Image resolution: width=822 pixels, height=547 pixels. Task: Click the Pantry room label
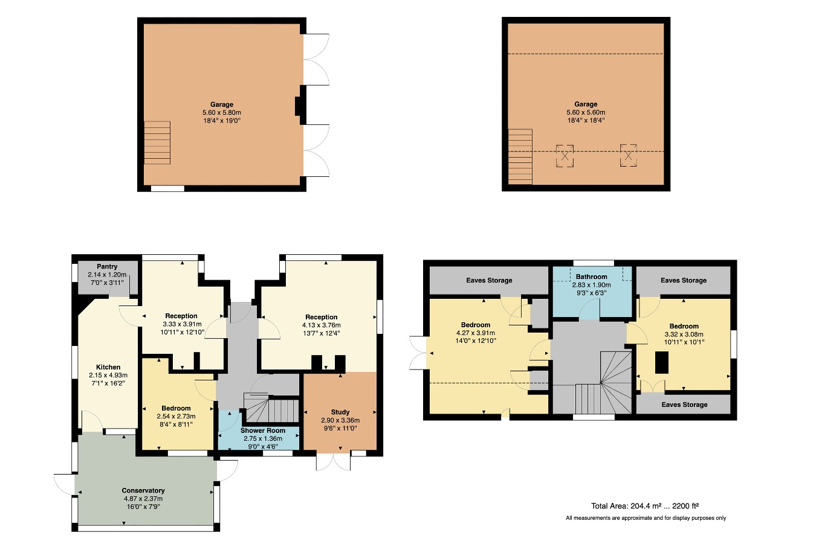pyautogui.click(x=107, y=266)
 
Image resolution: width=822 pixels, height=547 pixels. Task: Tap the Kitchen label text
pyautogui.click(x=108, y=367)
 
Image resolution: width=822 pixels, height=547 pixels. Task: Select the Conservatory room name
pyautogui.click(x=143, y=491)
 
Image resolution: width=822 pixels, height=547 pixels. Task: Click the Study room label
pyautogui.click(x=340, y=412)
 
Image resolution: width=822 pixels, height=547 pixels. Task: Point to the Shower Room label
pyautogui.click(x=263, y=430)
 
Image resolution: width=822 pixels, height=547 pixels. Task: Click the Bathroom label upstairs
pyautogui.click(x=591, y=277)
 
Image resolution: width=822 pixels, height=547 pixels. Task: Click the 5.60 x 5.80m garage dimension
pyautogui.click(x=222, y=113)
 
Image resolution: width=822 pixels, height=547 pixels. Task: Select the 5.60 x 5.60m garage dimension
pyautogui.click(x=586, y=112)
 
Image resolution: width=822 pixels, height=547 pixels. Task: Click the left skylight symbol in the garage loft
pyautogui.click(x=565, y=156)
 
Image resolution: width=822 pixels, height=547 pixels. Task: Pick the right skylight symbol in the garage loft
pyautogui.click(x=628, y=156)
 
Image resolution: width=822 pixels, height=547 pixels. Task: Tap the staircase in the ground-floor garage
pyautogui.click(x=157, y=142)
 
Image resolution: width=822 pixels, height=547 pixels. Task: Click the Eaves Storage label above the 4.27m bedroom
pyautogui.click(x=489, y=280)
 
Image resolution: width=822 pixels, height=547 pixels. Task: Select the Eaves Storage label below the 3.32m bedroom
pyautogui.click(x=684, y=405)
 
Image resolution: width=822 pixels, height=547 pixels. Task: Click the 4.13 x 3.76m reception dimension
pyautogui.click(x=322, y=325)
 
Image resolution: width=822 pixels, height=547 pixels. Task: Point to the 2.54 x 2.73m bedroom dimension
pyautogui.click(x=176, y=416)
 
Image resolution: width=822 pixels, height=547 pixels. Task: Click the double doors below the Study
pyautogui.click(x=333, y=462)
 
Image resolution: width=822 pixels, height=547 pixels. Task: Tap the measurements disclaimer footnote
pyautogui.click(x=646, y=518)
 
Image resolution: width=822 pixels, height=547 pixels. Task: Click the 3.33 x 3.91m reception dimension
pyautogui.click(x=181, y=324)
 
